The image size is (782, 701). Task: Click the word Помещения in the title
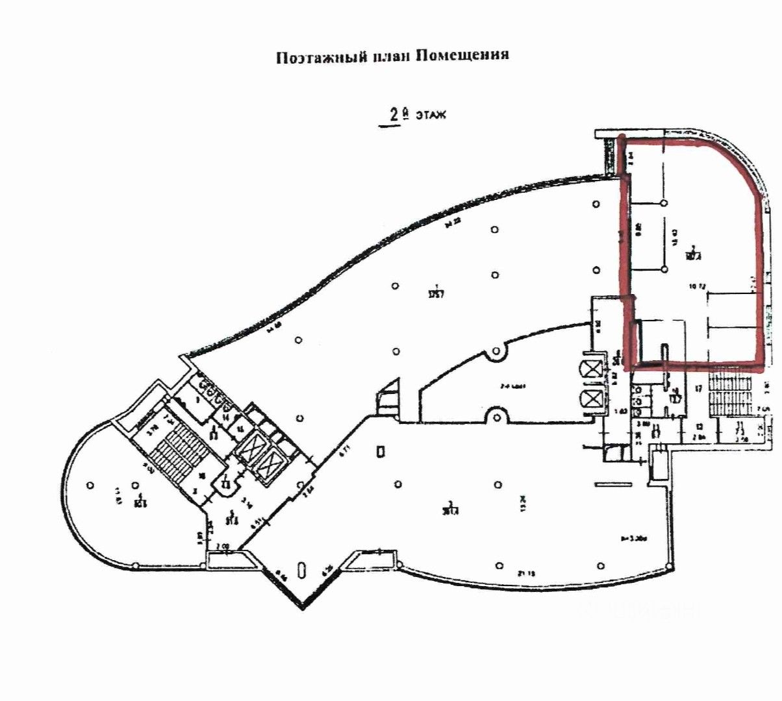pyautogui.click(x=461, y=56)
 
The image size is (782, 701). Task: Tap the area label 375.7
pyautogui.click(x=436, y=289)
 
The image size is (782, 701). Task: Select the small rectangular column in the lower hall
pyautogui.click(x=382, y=450)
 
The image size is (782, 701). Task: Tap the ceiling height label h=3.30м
pyautogui.click(x=629, y=539)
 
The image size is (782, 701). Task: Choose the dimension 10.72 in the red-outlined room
pyautogui.click(x=698, y=285)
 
